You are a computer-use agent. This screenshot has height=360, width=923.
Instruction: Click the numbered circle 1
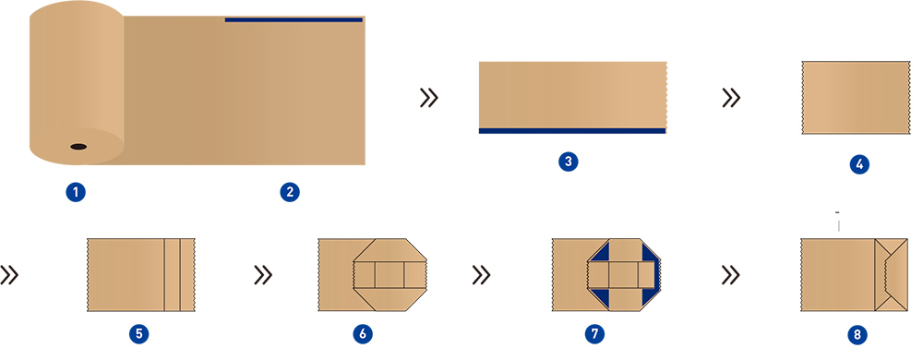76,192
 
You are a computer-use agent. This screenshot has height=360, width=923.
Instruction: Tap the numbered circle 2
290,192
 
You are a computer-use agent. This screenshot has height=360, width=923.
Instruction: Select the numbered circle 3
569,162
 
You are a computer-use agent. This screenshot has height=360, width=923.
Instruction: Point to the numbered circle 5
138,333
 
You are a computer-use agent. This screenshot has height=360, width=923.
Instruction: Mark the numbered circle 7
596,333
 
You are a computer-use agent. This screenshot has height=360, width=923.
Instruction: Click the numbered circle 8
858,333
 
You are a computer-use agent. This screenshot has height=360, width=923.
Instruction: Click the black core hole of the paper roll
78,146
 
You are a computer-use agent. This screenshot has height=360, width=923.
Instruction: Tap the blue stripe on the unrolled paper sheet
294,19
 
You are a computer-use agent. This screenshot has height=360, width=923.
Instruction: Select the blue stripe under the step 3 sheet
572,131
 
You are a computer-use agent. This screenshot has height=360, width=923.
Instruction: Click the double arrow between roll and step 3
428,98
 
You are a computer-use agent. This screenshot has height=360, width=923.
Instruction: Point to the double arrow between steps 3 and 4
731,98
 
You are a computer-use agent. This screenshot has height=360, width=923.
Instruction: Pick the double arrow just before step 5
10,274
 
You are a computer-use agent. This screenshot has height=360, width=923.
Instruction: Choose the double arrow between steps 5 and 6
262,274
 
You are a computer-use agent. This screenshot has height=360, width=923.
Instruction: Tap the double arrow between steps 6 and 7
480,274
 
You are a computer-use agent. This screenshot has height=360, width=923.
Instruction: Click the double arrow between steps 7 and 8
731,274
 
